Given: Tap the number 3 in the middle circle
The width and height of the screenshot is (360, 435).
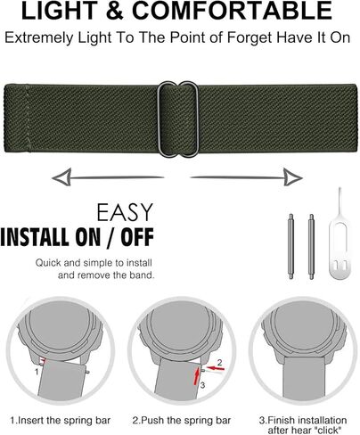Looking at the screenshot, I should [201, 384].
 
